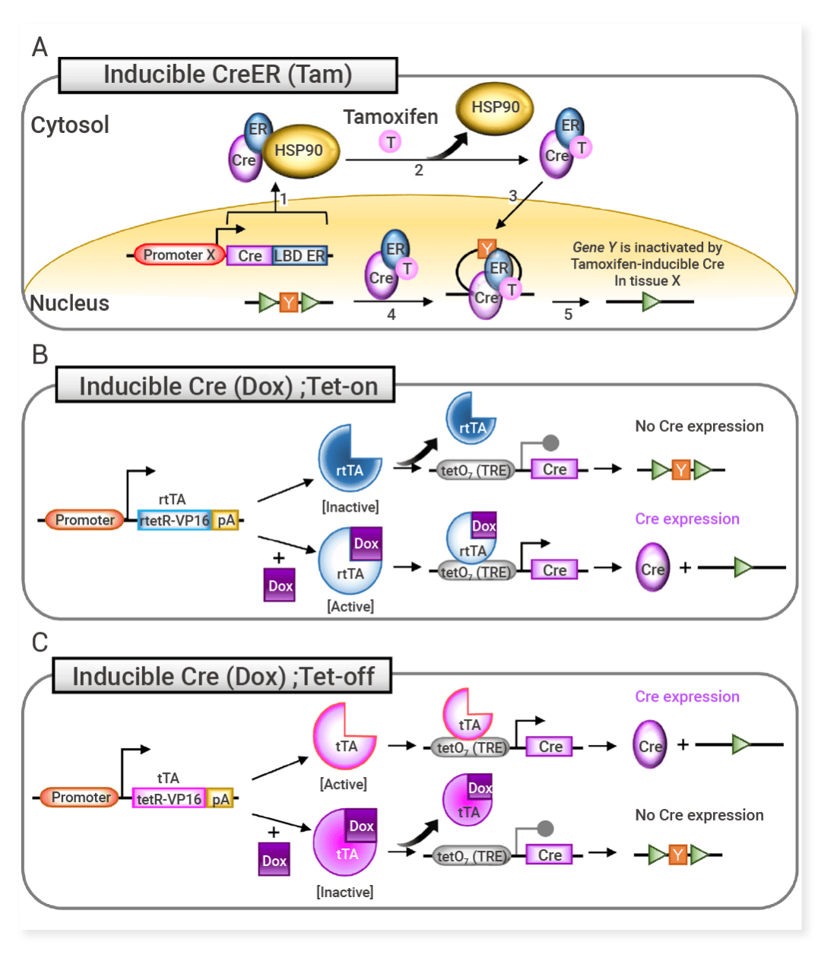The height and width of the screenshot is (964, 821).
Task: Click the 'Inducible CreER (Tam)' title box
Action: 227,75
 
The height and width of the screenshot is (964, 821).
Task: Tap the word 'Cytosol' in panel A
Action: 70,125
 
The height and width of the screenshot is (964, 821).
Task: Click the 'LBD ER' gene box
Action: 300,255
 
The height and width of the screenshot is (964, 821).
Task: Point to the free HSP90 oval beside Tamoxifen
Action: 495,108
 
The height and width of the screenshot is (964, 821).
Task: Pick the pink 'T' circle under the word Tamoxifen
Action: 391,142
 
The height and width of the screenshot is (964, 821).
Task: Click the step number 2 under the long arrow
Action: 419,170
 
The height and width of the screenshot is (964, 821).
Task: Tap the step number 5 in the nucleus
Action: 568,314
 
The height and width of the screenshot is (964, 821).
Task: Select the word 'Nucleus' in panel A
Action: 70,303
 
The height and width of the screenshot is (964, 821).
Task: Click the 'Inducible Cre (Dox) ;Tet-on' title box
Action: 227,386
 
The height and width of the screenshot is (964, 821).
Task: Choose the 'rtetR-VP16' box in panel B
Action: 174,520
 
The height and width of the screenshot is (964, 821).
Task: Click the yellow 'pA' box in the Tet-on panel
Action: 226,520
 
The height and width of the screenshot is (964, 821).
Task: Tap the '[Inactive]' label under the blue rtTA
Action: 350,506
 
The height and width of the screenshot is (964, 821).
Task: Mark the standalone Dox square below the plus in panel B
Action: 280,586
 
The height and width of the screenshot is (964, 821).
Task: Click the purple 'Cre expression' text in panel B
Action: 687,518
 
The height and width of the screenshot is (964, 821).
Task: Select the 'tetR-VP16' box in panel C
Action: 169,798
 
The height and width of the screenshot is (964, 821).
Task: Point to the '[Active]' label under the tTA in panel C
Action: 344,784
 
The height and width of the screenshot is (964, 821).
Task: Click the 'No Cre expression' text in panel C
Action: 699,815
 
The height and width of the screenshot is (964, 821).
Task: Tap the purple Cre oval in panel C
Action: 650,745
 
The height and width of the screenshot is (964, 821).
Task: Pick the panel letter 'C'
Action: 40,643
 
